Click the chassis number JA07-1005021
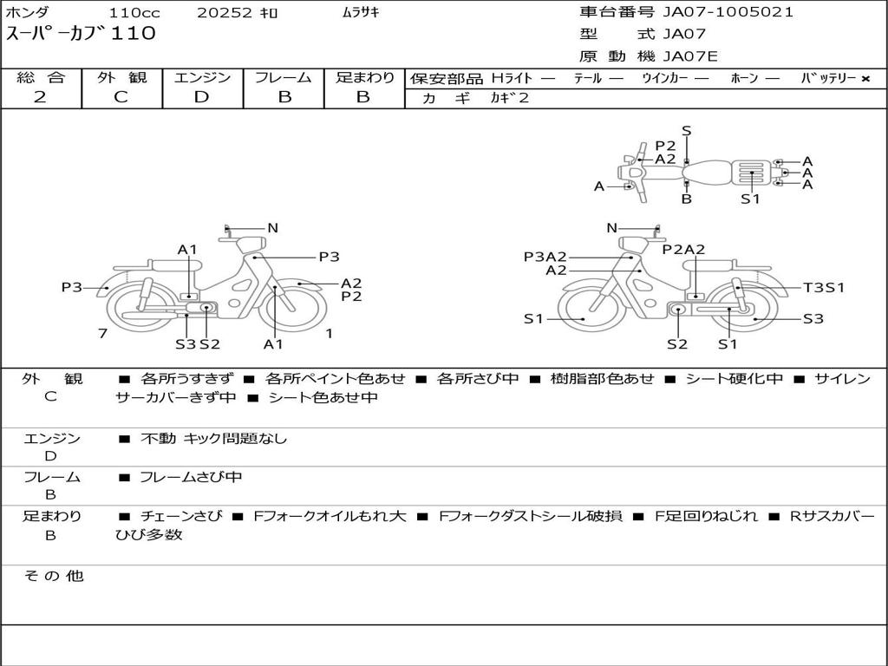[728, 12]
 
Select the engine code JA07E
[690, 56]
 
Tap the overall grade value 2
[40, 97]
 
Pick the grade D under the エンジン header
[201, 97]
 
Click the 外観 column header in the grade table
[121, 77]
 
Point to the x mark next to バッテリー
[865, 79]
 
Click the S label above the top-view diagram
[687, 131]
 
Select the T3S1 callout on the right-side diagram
[824, 288]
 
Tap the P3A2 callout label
[545, 257]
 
